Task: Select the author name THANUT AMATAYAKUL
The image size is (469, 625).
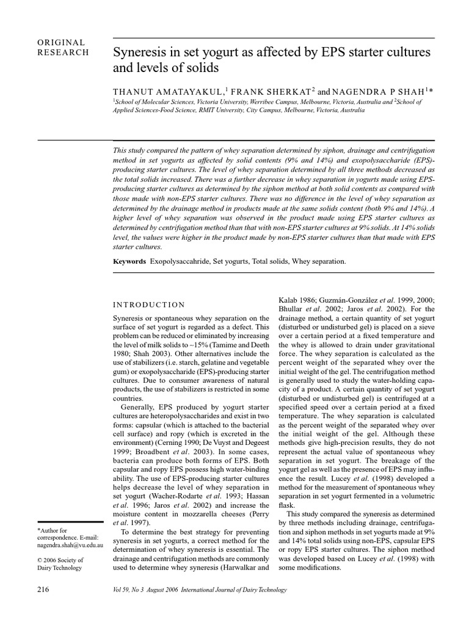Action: point(161,91)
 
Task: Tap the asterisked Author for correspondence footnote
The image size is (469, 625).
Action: point(52,530)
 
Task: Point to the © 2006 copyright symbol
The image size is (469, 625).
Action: point(40,560)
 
